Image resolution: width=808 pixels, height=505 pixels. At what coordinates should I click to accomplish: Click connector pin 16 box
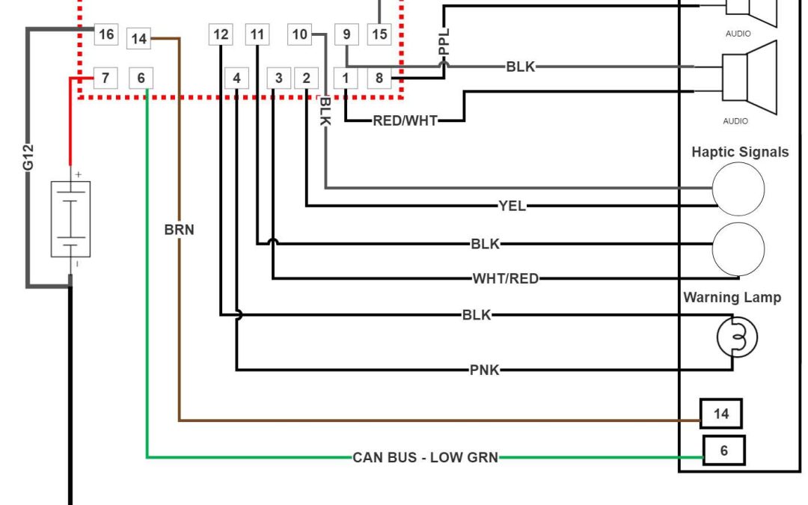(106, 34)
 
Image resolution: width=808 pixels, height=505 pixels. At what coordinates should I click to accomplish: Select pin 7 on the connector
(105, 77)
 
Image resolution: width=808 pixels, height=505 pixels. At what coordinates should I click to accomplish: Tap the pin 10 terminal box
(299, 34)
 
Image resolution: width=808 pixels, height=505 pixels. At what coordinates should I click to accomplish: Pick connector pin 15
(379, 34)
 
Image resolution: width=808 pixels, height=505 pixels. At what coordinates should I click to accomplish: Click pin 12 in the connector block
(221, 34)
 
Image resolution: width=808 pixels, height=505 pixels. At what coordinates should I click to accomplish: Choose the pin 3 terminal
(279, 78)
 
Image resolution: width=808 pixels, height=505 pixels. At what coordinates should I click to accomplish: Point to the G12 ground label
(28, 156)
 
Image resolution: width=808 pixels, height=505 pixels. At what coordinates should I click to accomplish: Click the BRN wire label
(179, 230)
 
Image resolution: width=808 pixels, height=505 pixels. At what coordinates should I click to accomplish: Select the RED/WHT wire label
(405, 120)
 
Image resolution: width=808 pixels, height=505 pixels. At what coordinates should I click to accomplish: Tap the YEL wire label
(512, 206)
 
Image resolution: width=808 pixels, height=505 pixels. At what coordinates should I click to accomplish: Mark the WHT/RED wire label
(505, 279)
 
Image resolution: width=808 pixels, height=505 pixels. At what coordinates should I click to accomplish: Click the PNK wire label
(484, 370)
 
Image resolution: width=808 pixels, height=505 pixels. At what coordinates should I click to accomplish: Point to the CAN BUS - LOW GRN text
(425, 457)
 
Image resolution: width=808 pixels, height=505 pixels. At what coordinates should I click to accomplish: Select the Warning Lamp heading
(732, 298)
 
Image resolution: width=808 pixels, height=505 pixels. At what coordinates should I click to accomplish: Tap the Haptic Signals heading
(739, 153)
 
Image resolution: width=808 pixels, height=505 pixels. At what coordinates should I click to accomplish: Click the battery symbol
(70, 218)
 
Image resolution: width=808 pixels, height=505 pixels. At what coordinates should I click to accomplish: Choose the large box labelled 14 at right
(720, 414)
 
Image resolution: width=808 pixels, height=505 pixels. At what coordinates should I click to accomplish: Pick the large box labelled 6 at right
(723, 451)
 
